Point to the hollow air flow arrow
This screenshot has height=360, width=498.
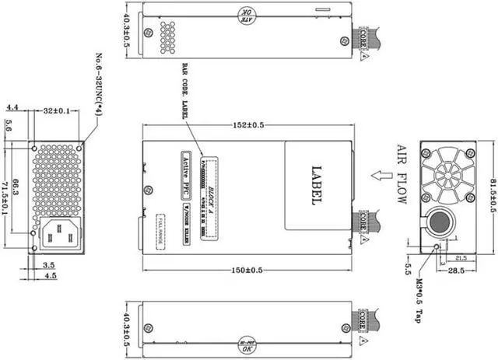(x=381, y=177)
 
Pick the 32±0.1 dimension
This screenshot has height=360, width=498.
(x=57, y=111)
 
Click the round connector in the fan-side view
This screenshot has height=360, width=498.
(x=439, y=223)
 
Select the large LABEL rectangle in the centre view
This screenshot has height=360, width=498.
(x=314, y=185)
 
